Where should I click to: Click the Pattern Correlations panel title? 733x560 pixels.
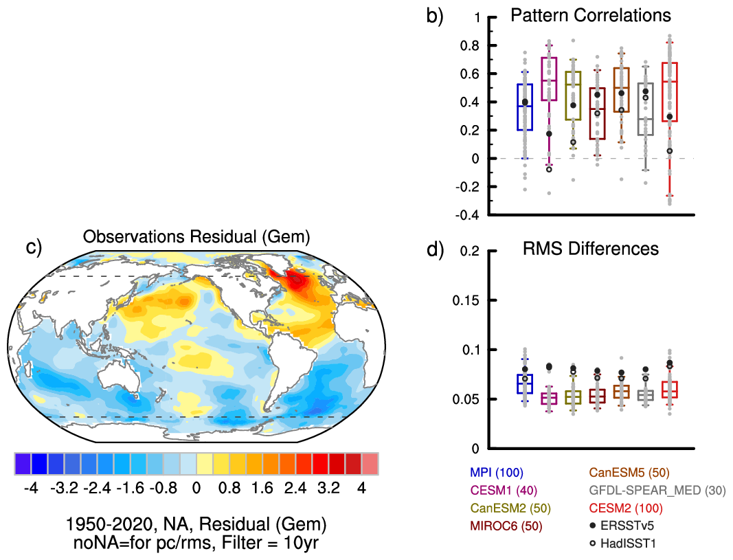pyautogui.click(x=591, y=15)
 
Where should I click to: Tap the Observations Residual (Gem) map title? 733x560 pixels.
pyautogui.click(x=196, y=237)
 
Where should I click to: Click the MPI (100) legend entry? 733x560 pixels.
pyautogui.click(x=497, y=473)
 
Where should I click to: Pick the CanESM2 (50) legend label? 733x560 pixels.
pyautogui.click(x=504, y=508)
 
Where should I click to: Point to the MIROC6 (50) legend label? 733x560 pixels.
pyautogui.click(x=503, y=526)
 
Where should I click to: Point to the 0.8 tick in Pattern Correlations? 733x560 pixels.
pyautogui.click(x=469, y=45)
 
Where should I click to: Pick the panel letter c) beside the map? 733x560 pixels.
pyautogui.click(x=35, y=247)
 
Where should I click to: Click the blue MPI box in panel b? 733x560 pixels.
pyautogui.click(x=525, y=107)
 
